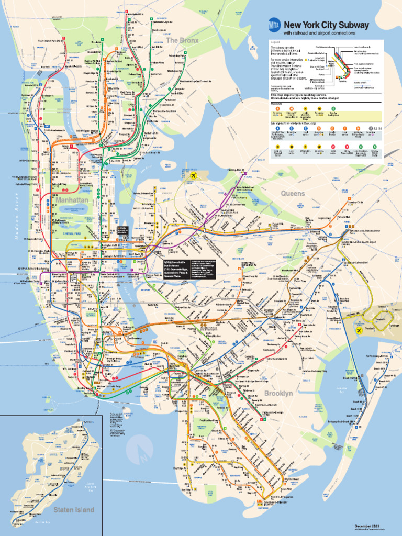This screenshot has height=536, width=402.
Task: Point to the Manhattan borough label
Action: (72, 200)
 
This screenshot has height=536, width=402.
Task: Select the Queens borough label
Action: (293, 194)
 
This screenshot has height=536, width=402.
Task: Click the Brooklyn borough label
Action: (278, 393)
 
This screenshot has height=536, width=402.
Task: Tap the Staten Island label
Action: (73, 509)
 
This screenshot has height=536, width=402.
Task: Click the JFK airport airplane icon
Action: (360, 330)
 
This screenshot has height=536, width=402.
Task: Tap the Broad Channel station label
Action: (350, 377)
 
